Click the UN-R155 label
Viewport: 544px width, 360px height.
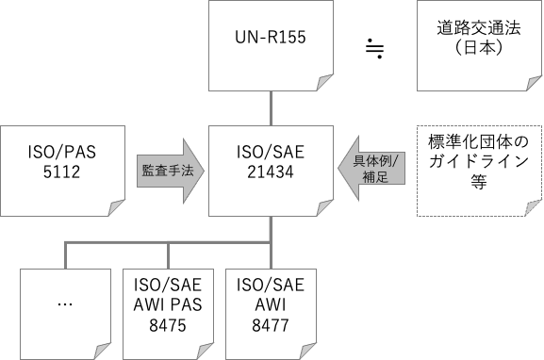point(271,37)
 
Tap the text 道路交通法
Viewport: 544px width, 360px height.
point(479,27)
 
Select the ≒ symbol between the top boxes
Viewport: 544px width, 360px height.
point(374,48)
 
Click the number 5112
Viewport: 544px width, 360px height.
point(62,172)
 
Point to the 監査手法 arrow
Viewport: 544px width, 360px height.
point(171,171)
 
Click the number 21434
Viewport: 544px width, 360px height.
point(271,172)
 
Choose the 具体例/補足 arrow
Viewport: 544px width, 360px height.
point(371,169)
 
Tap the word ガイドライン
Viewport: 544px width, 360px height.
point(479,161)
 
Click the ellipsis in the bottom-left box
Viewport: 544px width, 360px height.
point(65,304)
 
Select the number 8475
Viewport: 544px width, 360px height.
point(168,325)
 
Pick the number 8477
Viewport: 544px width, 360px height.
point(271,325)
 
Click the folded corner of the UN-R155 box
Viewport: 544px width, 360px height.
point(323,84)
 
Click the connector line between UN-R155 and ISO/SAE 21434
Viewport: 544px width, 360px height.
point(271,108)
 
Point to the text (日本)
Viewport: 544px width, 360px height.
point(479,48)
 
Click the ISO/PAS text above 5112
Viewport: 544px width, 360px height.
point(62,152)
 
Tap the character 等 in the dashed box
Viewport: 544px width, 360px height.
point(479,181)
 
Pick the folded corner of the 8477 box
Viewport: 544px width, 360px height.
point(306,352)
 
